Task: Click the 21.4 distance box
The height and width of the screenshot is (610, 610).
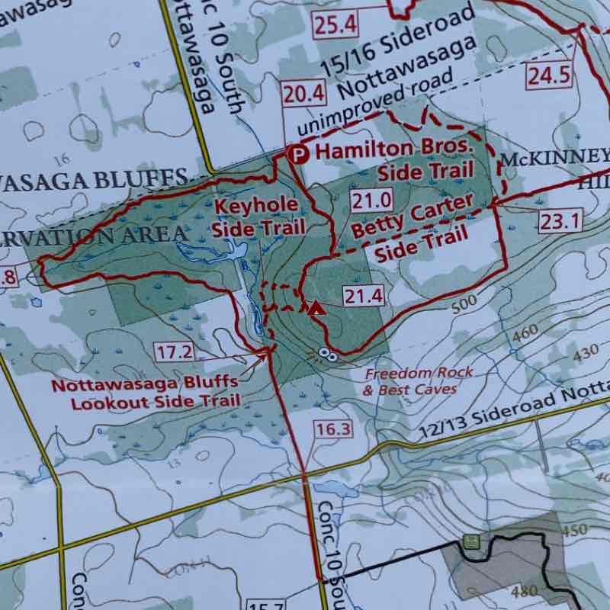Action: (x=361, y=296)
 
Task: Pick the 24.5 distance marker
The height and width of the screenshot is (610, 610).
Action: (x=548, y=75)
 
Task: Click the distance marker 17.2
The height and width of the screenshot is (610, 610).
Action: (x=173, y=352)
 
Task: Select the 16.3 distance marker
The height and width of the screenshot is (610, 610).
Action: (x=332, y=429)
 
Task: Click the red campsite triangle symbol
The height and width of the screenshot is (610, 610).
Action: (x=315, y=308)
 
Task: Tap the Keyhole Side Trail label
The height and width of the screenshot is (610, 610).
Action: (x=259, y=217)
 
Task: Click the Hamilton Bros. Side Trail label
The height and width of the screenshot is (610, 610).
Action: (x=395, y=160)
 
